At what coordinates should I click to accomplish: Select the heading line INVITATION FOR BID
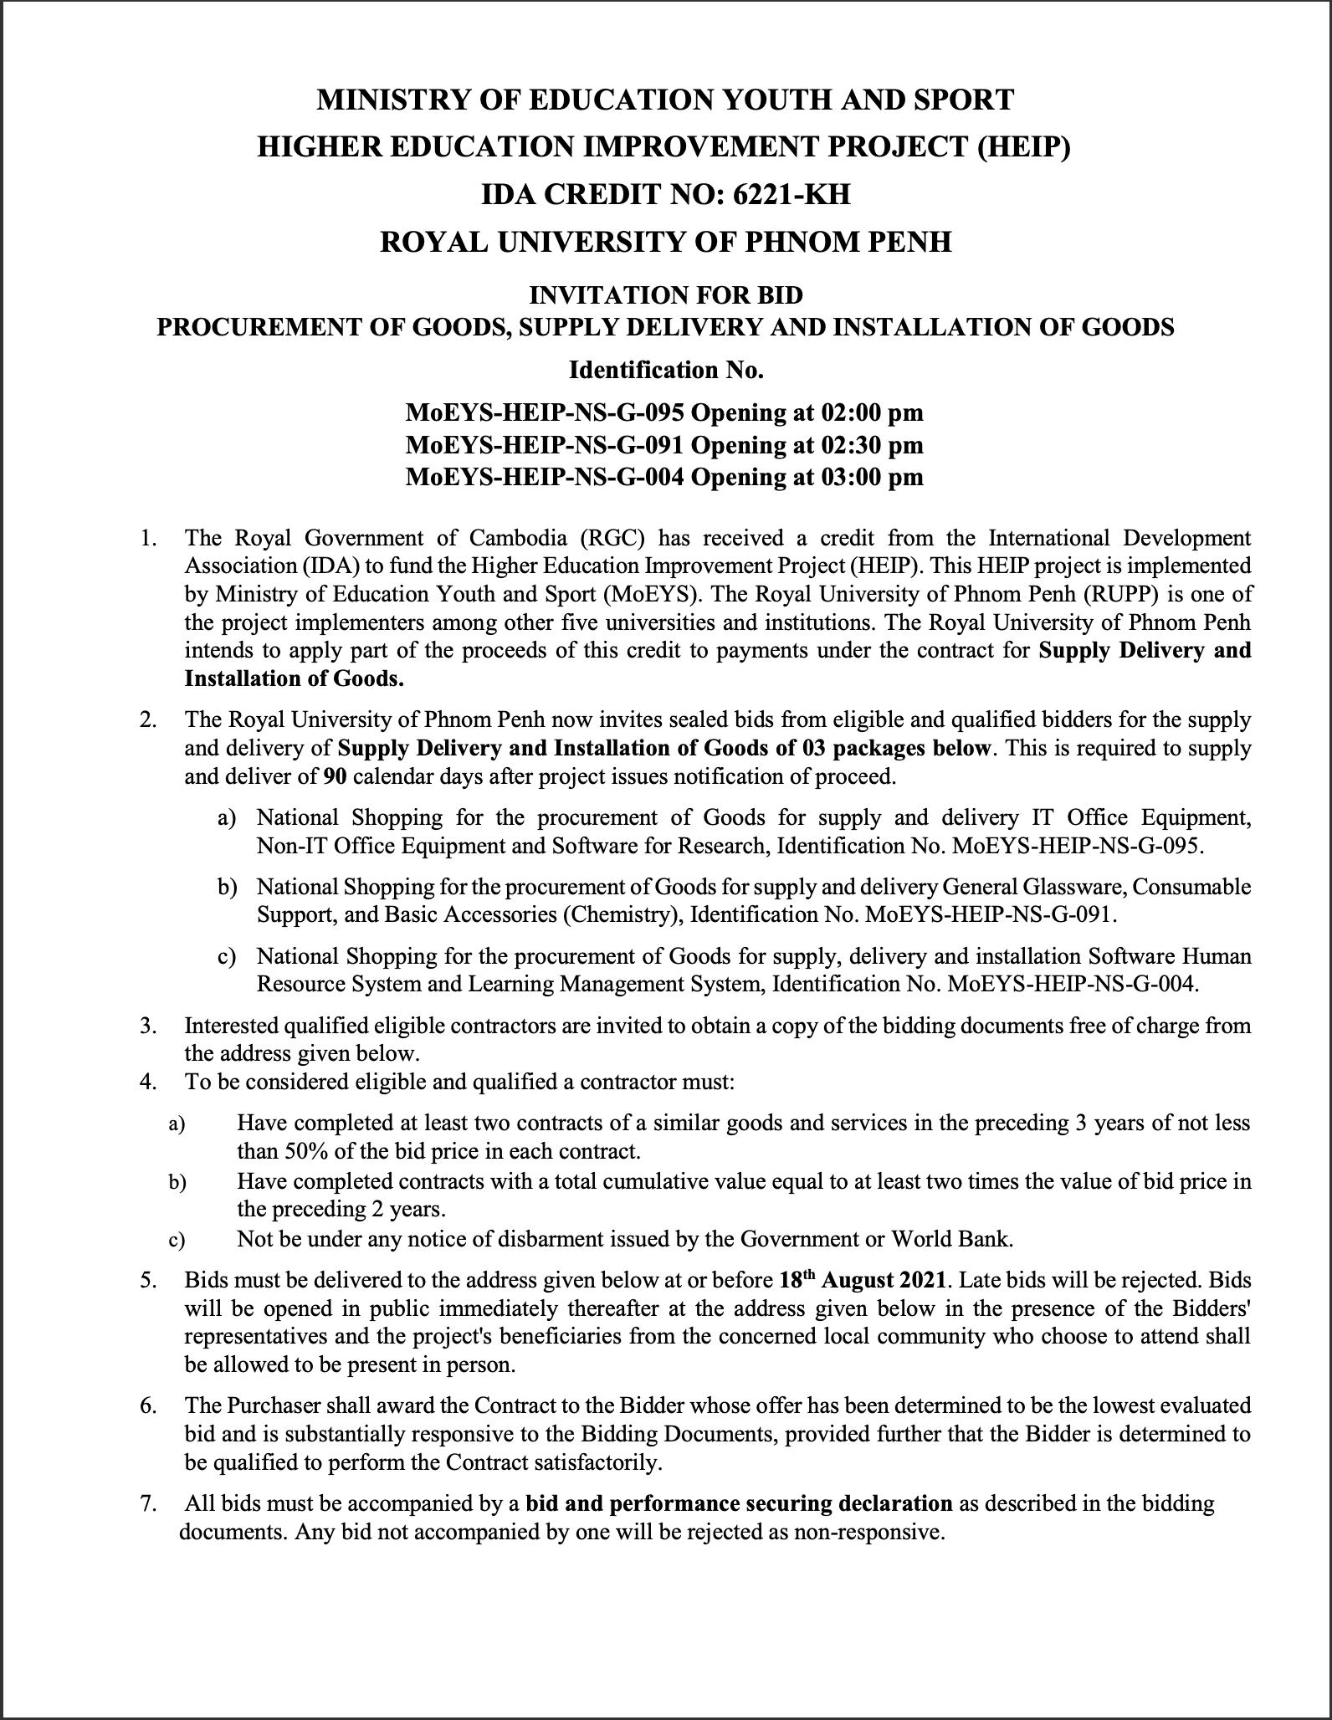(665, 294)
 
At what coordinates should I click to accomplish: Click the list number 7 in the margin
(148, 1504)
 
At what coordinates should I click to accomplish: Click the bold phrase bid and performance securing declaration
(739, 1503)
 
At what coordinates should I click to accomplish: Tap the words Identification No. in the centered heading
(665, 370)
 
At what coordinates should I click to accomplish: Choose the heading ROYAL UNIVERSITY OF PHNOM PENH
(665, 242)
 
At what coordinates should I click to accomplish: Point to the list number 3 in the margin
(148, 1026)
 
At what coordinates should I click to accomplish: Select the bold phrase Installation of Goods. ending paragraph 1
(294, 678)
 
